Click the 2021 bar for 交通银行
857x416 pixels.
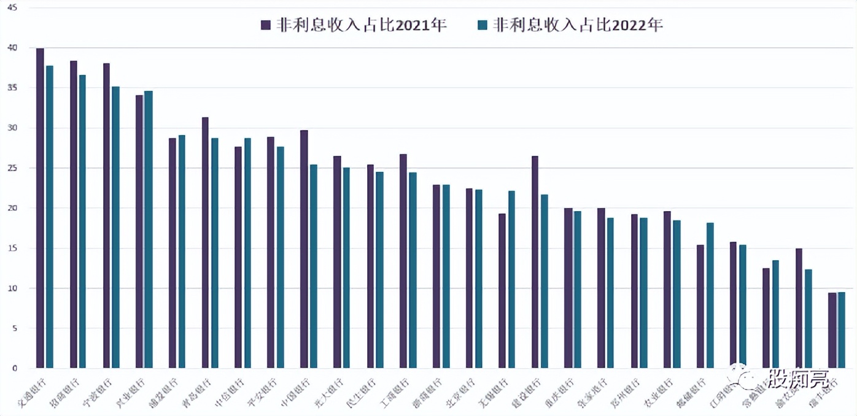point(40,208)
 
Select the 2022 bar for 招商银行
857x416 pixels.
point(83,221)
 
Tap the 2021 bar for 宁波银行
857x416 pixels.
point(106,215)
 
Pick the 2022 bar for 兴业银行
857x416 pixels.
point(149,229)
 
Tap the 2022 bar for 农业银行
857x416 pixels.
point(677,294)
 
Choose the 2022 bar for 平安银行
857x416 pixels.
point(281,257)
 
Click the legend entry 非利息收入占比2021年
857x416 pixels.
point(354,25)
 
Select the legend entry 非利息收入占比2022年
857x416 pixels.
point(570,25)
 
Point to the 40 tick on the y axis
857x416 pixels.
point(12,48)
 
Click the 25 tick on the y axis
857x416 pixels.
point(12,168)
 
